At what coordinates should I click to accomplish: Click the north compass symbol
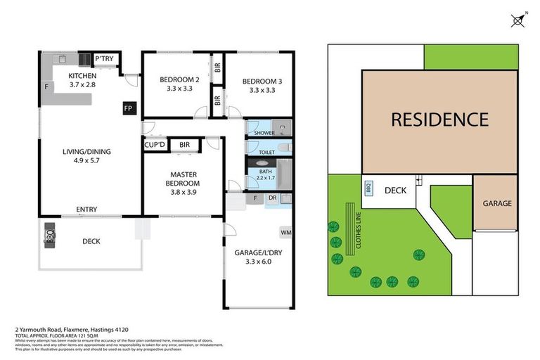tap(518, 20)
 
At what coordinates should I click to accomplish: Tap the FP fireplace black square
tap(128, 108)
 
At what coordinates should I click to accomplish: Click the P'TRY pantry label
tap(104, 59)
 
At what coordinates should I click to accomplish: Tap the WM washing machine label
tap(285, 231)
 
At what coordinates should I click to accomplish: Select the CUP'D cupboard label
tap(155, 145)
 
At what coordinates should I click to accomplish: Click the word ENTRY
tap(86, 209)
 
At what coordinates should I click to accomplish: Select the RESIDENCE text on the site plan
tap(439, 120)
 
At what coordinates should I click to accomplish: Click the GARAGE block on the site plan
tap(496, 203)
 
